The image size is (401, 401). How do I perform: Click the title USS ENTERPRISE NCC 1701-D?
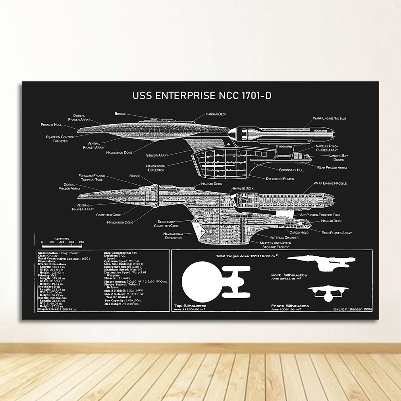pos(202,96)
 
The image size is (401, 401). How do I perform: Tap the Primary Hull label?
pos(51,125)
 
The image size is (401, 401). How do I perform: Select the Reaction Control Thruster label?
pos(60,139)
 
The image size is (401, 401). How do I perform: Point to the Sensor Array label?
pos(157,155)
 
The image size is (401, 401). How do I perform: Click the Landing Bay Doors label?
pos(338,158)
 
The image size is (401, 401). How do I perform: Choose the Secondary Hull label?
pos(291,170)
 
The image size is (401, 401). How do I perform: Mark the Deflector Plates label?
pos(280,179)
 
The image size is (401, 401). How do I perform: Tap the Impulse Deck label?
pos(243,188)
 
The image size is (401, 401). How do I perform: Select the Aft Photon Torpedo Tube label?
pos(320,215)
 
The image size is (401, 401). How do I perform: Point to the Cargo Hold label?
pos(299,232)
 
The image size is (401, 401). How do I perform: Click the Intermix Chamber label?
pos(283,237)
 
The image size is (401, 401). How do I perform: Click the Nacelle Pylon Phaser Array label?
pos(327,148)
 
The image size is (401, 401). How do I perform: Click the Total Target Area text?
pos(246,256)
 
